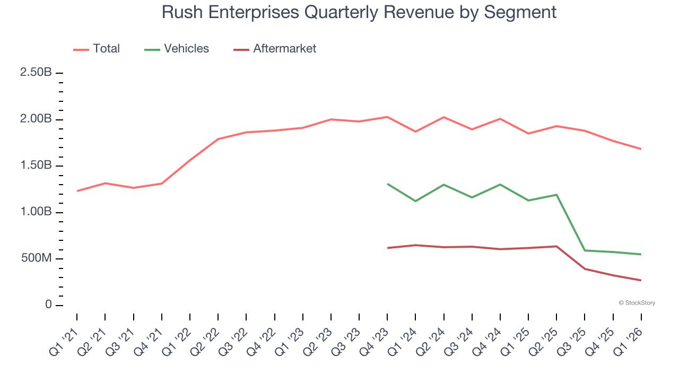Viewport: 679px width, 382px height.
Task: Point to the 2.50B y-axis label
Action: [36, 73]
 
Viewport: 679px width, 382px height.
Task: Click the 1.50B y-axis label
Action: [36, 166]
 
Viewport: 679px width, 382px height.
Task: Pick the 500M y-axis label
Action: [36, 259]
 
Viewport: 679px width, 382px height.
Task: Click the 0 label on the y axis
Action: [48, 305]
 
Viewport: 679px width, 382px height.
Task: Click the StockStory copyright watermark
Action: [637, 303]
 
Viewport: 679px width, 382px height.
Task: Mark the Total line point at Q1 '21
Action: [77, 191]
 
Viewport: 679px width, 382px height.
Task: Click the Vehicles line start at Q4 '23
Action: [388, 184]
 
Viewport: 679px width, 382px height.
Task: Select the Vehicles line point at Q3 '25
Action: [585, 250]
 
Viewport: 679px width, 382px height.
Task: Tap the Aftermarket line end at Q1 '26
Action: [641, 280]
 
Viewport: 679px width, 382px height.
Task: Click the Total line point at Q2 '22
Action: [218, 139]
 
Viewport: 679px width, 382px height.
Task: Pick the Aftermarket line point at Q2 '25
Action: [556, 246]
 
